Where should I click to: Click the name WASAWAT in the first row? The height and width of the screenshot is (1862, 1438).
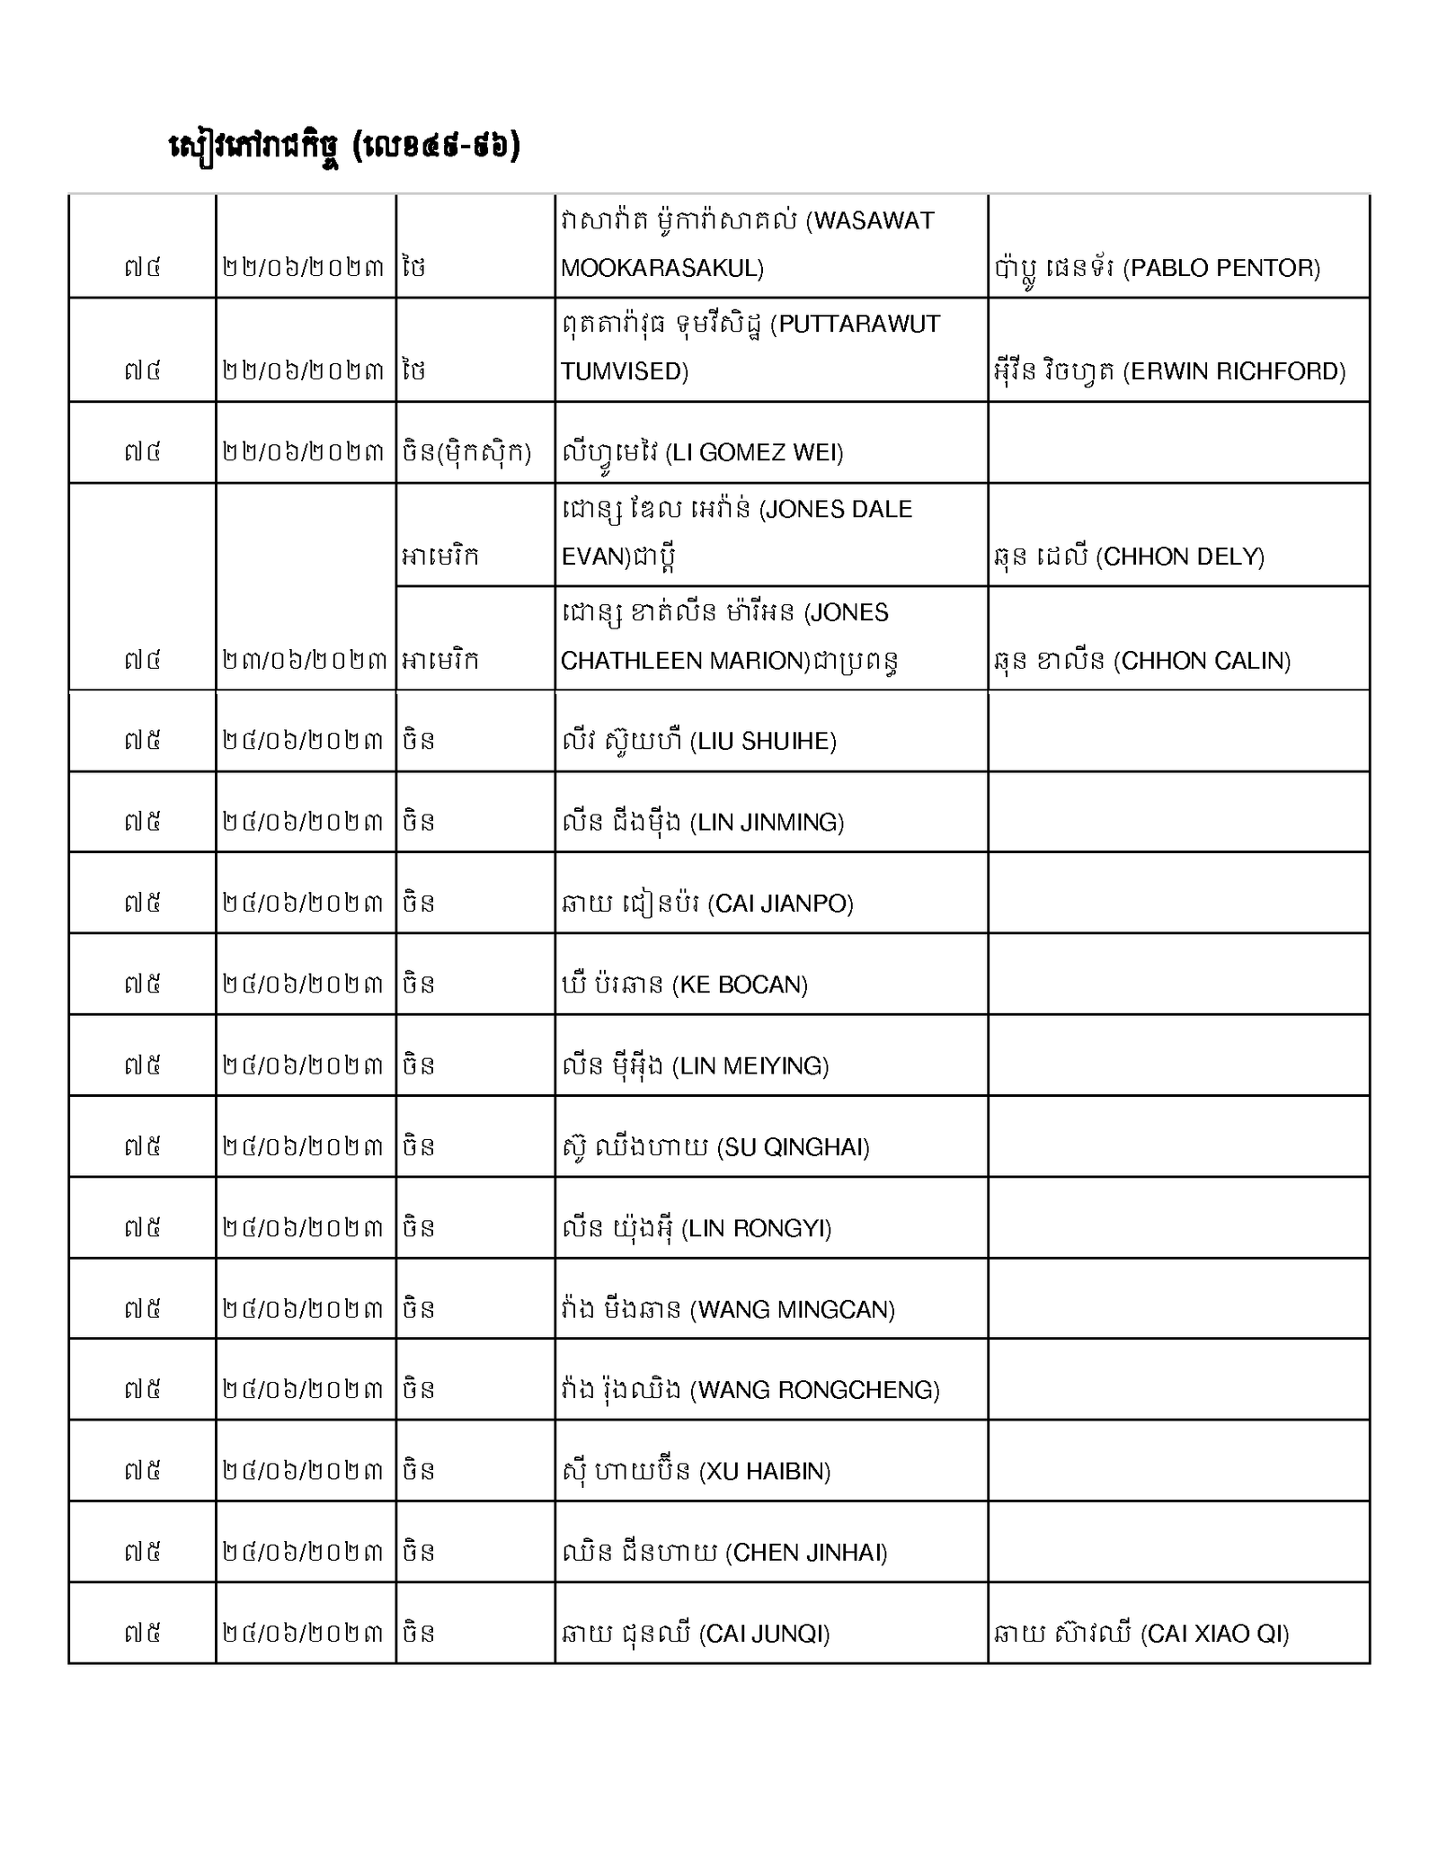click(874, 221)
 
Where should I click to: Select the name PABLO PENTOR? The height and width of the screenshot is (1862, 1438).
click(1223, 268)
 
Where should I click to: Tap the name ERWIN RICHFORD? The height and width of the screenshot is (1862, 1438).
click(1235, 371)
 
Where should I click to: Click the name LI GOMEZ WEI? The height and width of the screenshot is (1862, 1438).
click(755, 452)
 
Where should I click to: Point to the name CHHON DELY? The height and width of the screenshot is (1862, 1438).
click(1181, 557)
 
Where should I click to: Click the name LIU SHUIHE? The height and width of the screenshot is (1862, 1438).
click(764, 741)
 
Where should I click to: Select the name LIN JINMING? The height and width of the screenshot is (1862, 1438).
click(768, 822)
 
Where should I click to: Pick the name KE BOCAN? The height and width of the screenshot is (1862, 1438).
click(741, 984)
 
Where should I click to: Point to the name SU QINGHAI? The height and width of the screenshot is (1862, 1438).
click(794, 1147)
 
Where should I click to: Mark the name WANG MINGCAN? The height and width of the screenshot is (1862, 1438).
click(793, 1309)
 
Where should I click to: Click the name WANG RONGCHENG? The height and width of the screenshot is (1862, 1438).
click(815, 1390)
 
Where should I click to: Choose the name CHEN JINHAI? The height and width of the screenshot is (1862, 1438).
click(806, 1552)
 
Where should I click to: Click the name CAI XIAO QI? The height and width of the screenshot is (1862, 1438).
click(1215, 1634)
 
